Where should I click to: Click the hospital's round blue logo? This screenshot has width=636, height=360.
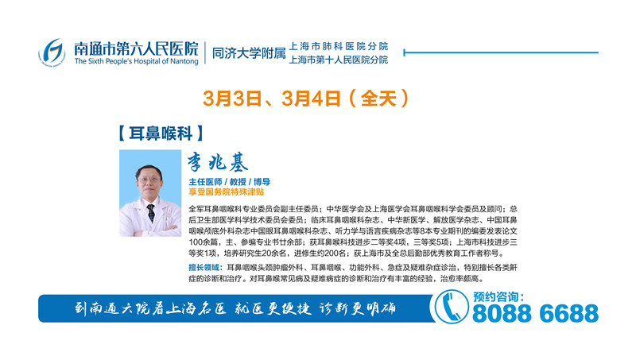coord(52,52)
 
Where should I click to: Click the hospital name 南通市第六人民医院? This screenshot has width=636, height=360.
coord(136,48)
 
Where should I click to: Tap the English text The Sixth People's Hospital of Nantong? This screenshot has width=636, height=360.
coord(136,61)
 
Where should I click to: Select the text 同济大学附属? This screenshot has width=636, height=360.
coord(249,53)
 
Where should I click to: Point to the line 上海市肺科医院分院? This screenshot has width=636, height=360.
coord(339,46)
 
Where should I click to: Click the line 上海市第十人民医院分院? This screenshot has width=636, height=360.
coord(339,60)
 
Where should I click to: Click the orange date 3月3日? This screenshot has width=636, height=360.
coord(232,99)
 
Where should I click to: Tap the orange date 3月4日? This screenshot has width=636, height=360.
coord(311,99)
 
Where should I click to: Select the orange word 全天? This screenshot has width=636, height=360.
coord(378,99)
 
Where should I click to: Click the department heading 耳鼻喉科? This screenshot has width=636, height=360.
coord(161,134)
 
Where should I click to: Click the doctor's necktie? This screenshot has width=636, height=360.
coord(151,212)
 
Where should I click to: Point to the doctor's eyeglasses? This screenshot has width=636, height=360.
coord(149,180)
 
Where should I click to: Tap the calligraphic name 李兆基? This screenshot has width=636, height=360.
coord(217,163)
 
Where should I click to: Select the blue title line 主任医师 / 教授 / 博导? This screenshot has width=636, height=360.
coord(229,182)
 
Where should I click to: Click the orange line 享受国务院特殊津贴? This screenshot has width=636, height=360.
coord(227,192)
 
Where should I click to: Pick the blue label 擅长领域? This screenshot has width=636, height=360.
coord(205,268)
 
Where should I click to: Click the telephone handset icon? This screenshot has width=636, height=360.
coord(451,307)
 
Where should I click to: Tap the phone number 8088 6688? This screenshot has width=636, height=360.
coord(535,313)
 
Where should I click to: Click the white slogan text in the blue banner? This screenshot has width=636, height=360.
coord(235,309)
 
